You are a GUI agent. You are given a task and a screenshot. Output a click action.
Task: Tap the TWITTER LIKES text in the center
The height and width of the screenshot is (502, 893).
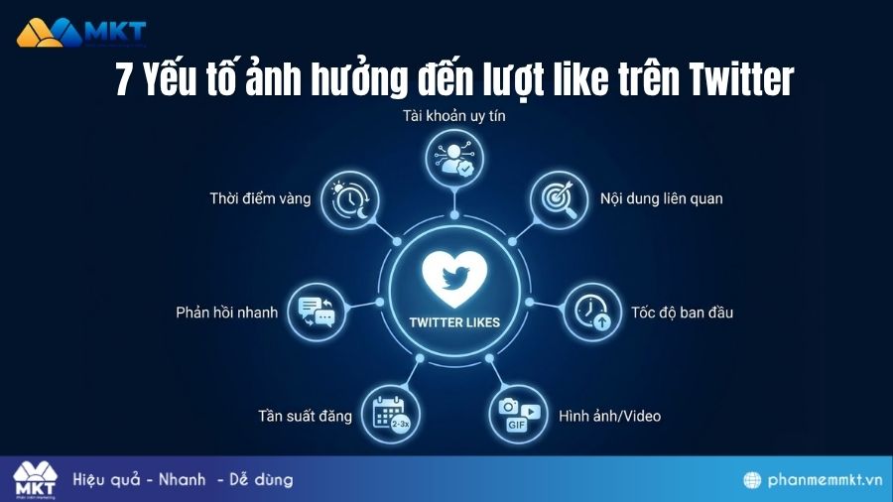[454, 321]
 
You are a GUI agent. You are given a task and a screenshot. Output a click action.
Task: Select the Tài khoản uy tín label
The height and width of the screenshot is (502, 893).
[455, 117]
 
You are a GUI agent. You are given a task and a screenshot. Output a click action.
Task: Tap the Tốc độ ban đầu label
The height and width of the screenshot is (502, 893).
[682, 313]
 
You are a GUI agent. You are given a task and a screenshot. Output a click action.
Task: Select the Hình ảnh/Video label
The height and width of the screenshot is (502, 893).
[609, 416]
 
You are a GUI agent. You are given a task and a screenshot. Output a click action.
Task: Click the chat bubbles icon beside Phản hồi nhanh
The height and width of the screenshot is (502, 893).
[317, 312]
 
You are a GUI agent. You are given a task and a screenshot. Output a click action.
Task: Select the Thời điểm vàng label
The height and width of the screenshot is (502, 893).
[260, 198]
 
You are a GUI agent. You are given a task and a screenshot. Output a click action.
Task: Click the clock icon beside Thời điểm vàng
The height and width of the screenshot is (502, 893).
[352, 197]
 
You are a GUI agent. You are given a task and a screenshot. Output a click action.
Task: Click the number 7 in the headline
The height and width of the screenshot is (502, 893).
[125, 77]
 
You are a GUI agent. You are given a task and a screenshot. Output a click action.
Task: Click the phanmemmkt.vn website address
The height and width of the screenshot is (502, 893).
[826, 480]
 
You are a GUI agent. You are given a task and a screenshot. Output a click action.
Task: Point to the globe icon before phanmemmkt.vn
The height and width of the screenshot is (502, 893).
[753, 480]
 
